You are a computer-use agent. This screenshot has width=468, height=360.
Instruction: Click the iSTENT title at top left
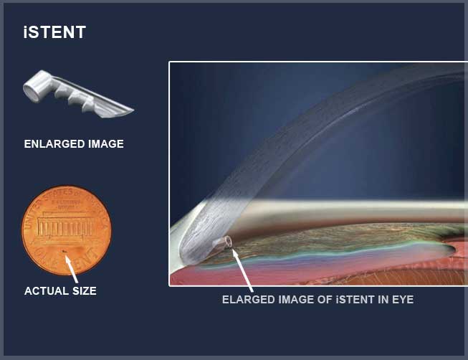[54, 32]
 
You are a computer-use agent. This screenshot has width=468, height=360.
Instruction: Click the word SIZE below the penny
[85, 291]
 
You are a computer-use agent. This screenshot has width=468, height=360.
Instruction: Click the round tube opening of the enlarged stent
[32, 91]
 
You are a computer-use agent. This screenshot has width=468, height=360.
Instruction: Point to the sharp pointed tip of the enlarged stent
[133, 110]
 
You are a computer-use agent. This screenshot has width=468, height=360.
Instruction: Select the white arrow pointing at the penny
[71, 269]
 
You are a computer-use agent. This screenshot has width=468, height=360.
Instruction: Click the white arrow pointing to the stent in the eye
[242, 270]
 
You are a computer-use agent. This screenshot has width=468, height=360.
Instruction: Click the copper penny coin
[66, 230]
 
